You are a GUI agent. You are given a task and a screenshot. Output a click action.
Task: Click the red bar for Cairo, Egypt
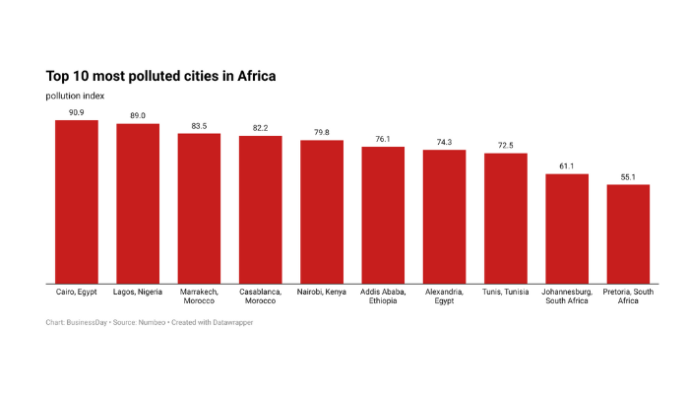(x=76, y=202)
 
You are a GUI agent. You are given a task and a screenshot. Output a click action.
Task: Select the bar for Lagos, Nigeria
(x=138, y=204)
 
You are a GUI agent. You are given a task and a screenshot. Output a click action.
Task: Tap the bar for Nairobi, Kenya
(x=322, y=212)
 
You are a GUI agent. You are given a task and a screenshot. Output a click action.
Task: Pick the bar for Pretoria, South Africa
(x=628, y=234)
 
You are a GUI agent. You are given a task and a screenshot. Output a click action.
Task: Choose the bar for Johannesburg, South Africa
(x=567, y=229)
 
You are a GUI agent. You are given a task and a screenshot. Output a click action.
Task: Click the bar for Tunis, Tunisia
(x=506, y=219)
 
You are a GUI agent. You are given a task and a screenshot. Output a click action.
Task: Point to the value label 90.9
(x=76, y=112)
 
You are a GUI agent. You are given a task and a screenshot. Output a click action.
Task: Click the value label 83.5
(x=199, y=125)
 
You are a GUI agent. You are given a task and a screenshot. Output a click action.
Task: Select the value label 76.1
(x=383, y=139)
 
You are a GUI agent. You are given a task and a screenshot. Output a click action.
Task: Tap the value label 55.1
(x=628, y=176)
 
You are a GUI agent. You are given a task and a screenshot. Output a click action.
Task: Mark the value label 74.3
(x=444, y=142)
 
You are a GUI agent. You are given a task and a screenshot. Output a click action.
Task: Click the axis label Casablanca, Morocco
(x=260, y=296)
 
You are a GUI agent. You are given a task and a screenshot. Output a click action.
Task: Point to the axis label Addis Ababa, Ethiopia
(x=383, y=296)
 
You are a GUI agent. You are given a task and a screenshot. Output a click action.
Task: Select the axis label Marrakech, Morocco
(x=199, y=296)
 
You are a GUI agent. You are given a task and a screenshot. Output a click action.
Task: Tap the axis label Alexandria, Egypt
(x=444, y=296)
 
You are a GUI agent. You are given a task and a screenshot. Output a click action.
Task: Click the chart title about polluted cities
(x=160, y=75)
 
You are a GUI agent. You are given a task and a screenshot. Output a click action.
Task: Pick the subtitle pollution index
(x=75, y=96)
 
